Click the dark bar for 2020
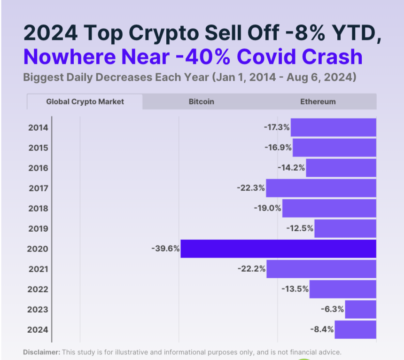pos(278,249)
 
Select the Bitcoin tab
pos(201,102)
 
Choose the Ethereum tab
pos(318,102)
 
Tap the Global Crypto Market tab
pos(85,102)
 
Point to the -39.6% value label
pos(165,249)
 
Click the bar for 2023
pos(360,309)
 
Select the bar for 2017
pos(321,188)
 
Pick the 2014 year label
pos(38,127)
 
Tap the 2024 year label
pos(38,329)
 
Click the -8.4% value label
pos(322,329)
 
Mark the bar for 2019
pos(345,228)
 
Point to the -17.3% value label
pos(277,127)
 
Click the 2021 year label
pos(38,269)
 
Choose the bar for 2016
pos(341,168)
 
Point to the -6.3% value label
pos(332,309)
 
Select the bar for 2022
pos(343,289)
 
